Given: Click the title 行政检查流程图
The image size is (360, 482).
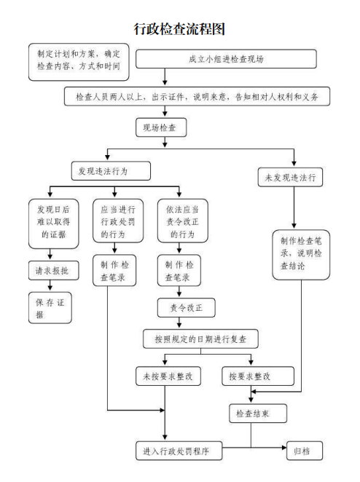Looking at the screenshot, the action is (179, 29).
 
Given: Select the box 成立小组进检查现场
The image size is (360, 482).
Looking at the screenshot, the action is (226, 59).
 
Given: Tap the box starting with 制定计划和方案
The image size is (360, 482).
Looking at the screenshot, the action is (79, 62).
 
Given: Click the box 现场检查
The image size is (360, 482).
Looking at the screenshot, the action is (161, 127).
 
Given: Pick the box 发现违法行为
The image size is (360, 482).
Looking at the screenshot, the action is (111, 171).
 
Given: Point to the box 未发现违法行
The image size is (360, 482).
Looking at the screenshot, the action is (290, 177).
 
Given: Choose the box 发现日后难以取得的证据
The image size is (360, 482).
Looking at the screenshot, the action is (54, 224).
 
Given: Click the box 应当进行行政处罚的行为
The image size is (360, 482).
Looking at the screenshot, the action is (118, 221).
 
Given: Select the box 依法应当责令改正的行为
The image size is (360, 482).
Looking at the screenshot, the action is (183, 221).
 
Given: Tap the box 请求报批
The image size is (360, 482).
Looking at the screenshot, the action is (54, 271).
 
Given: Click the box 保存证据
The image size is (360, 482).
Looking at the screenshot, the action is (50, 308).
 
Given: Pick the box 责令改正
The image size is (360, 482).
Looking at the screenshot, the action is (186, 308).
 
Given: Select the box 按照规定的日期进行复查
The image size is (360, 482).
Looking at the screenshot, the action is (200, 339).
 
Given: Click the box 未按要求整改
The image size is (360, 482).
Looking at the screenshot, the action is (168, 376).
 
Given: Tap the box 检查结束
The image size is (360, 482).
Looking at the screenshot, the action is (258, 414).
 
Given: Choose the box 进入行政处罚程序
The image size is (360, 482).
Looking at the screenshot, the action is (179, 451).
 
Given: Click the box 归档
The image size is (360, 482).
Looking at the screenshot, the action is (305, 451).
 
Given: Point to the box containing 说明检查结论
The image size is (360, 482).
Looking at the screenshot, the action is (301, 255).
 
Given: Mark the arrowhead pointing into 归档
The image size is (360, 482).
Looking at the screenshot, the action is (284, 448).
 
